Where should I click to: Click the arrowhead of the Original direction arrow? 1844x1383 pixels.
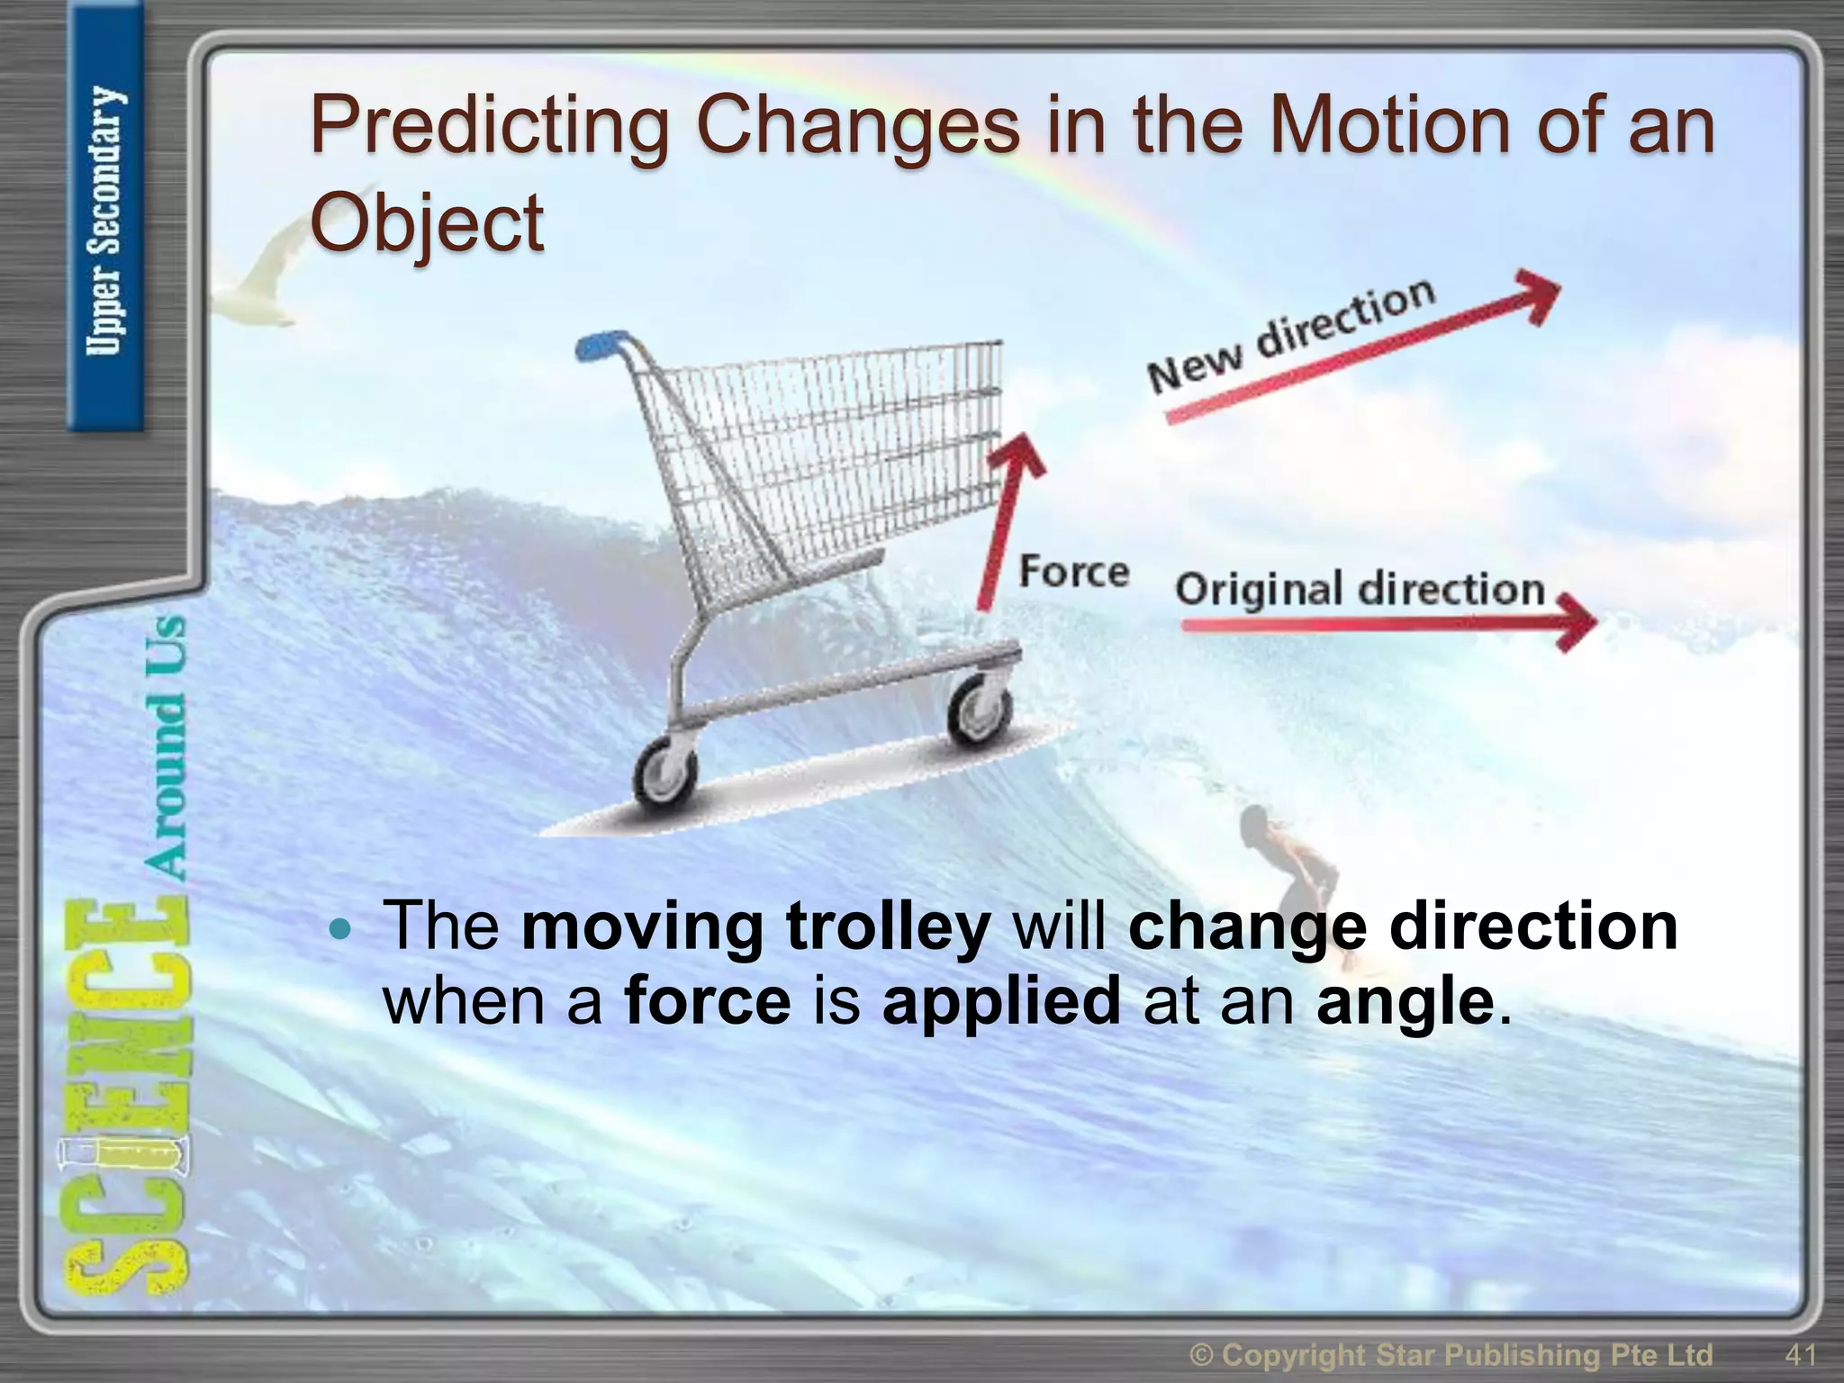tap(1577, 621)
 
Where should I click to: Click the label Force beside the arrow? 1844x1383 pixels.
tap(1073, 573)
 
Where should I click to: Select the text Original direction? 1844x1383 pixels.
tap(1360, 589)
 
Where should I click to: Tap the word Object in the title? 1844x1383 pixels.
tap(427, 223)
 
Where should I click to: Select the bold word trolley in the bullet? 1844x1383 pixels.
tap(888, 927)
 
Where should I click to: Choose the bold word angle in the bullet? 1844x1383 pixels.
tap(1405, 1001)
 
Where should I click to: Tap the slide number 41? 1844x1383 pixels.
tap(1800, 1353)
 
